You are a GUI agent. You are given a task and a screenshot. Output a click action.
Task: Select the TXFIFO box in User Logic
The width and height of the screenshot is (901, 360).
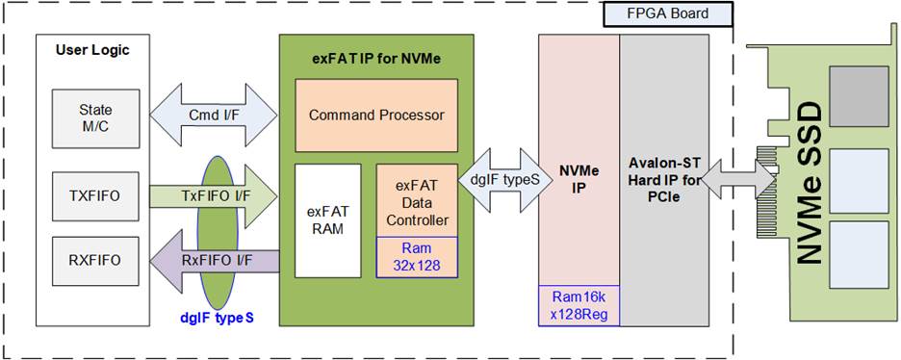95,195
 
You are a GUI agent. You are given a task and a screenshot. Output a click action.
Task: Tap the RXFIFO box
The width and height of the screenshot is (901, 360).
95,260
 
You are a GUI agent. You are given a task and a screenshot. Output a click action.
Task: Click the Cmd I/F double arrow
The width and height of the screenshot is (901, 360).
214,116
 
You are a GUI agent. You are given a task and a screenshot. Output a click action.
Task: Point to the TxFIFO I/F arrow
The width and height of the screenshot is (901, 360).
214,196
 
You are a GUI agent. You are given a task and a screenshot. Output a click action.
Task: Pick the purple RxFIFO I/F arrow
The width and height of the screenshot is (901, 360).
214,261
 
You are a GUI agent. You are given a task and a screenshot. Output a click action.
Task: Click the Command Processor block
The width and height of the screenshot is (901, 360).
376,116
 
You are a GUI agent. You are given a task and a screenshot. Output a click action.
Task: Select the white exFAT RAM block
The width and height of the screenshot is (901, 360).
328,221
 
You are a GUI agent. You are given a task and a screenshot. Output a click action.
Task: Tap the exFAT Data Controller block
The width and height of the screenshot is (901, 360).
417,200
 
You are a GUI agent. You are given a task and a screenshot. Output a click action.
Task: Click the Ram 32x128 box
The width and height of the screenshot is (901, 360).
417,257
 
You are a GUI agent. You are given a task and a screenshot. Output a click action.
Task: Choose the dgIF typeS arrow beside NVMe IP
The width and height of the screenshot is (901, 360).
499,179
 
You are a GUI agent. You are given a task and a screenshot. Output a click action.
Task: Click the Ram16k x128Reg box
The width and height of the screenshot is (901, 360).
579,305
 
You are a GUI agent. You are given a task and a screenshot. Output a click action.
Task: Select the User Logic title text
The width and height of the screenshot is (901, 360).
92,50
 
